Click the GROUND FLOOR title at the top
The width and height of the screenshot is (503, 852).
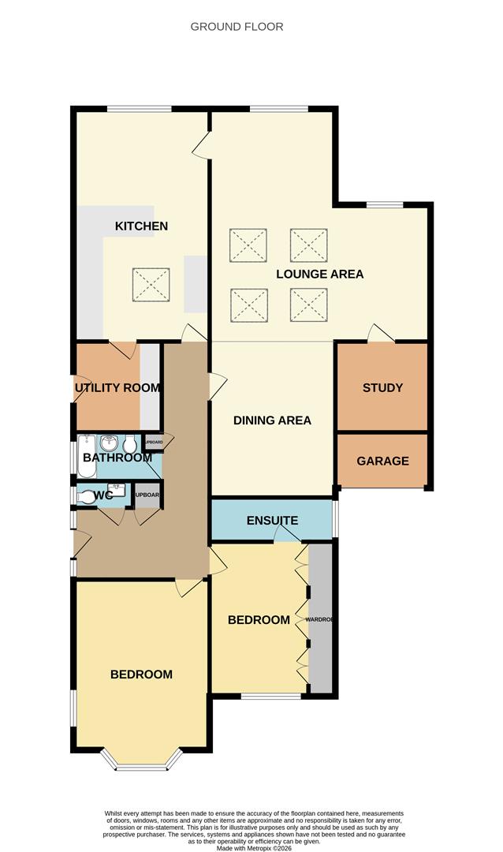click(237, 27)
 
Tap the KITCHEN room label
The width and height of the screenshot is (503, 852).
click(141, 226)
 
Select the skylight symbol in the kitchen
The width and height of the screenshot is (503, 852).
click(151, 285)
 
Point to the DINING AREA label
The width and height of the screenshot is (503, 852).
click(272, 420)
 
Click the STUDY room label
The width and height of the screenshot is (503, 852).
click(382, 388)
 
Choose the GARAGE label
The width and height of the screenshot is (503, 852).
click(382, 461)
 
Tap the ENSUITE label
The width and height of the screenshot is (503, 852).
click(272, 521)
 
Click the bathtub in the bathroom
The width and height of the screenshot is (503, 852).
click(86, 458)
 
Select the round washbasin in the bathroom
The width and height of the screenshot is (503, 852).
click(110, 444)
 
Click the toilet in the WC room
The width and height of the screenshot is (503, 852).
click(84, 496)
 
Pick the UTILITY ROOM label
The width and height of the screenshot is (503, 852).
click(117, 388)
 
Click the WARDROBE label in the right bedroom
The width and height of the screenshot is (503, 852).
click(320, 620)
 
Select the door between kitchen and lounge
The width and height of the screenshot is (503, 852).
click(203, 145)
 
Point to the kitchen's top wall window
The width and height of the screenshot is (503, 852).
click(140, 109)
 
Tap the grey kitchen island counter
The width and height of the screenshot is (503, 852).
click(195, 283)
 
